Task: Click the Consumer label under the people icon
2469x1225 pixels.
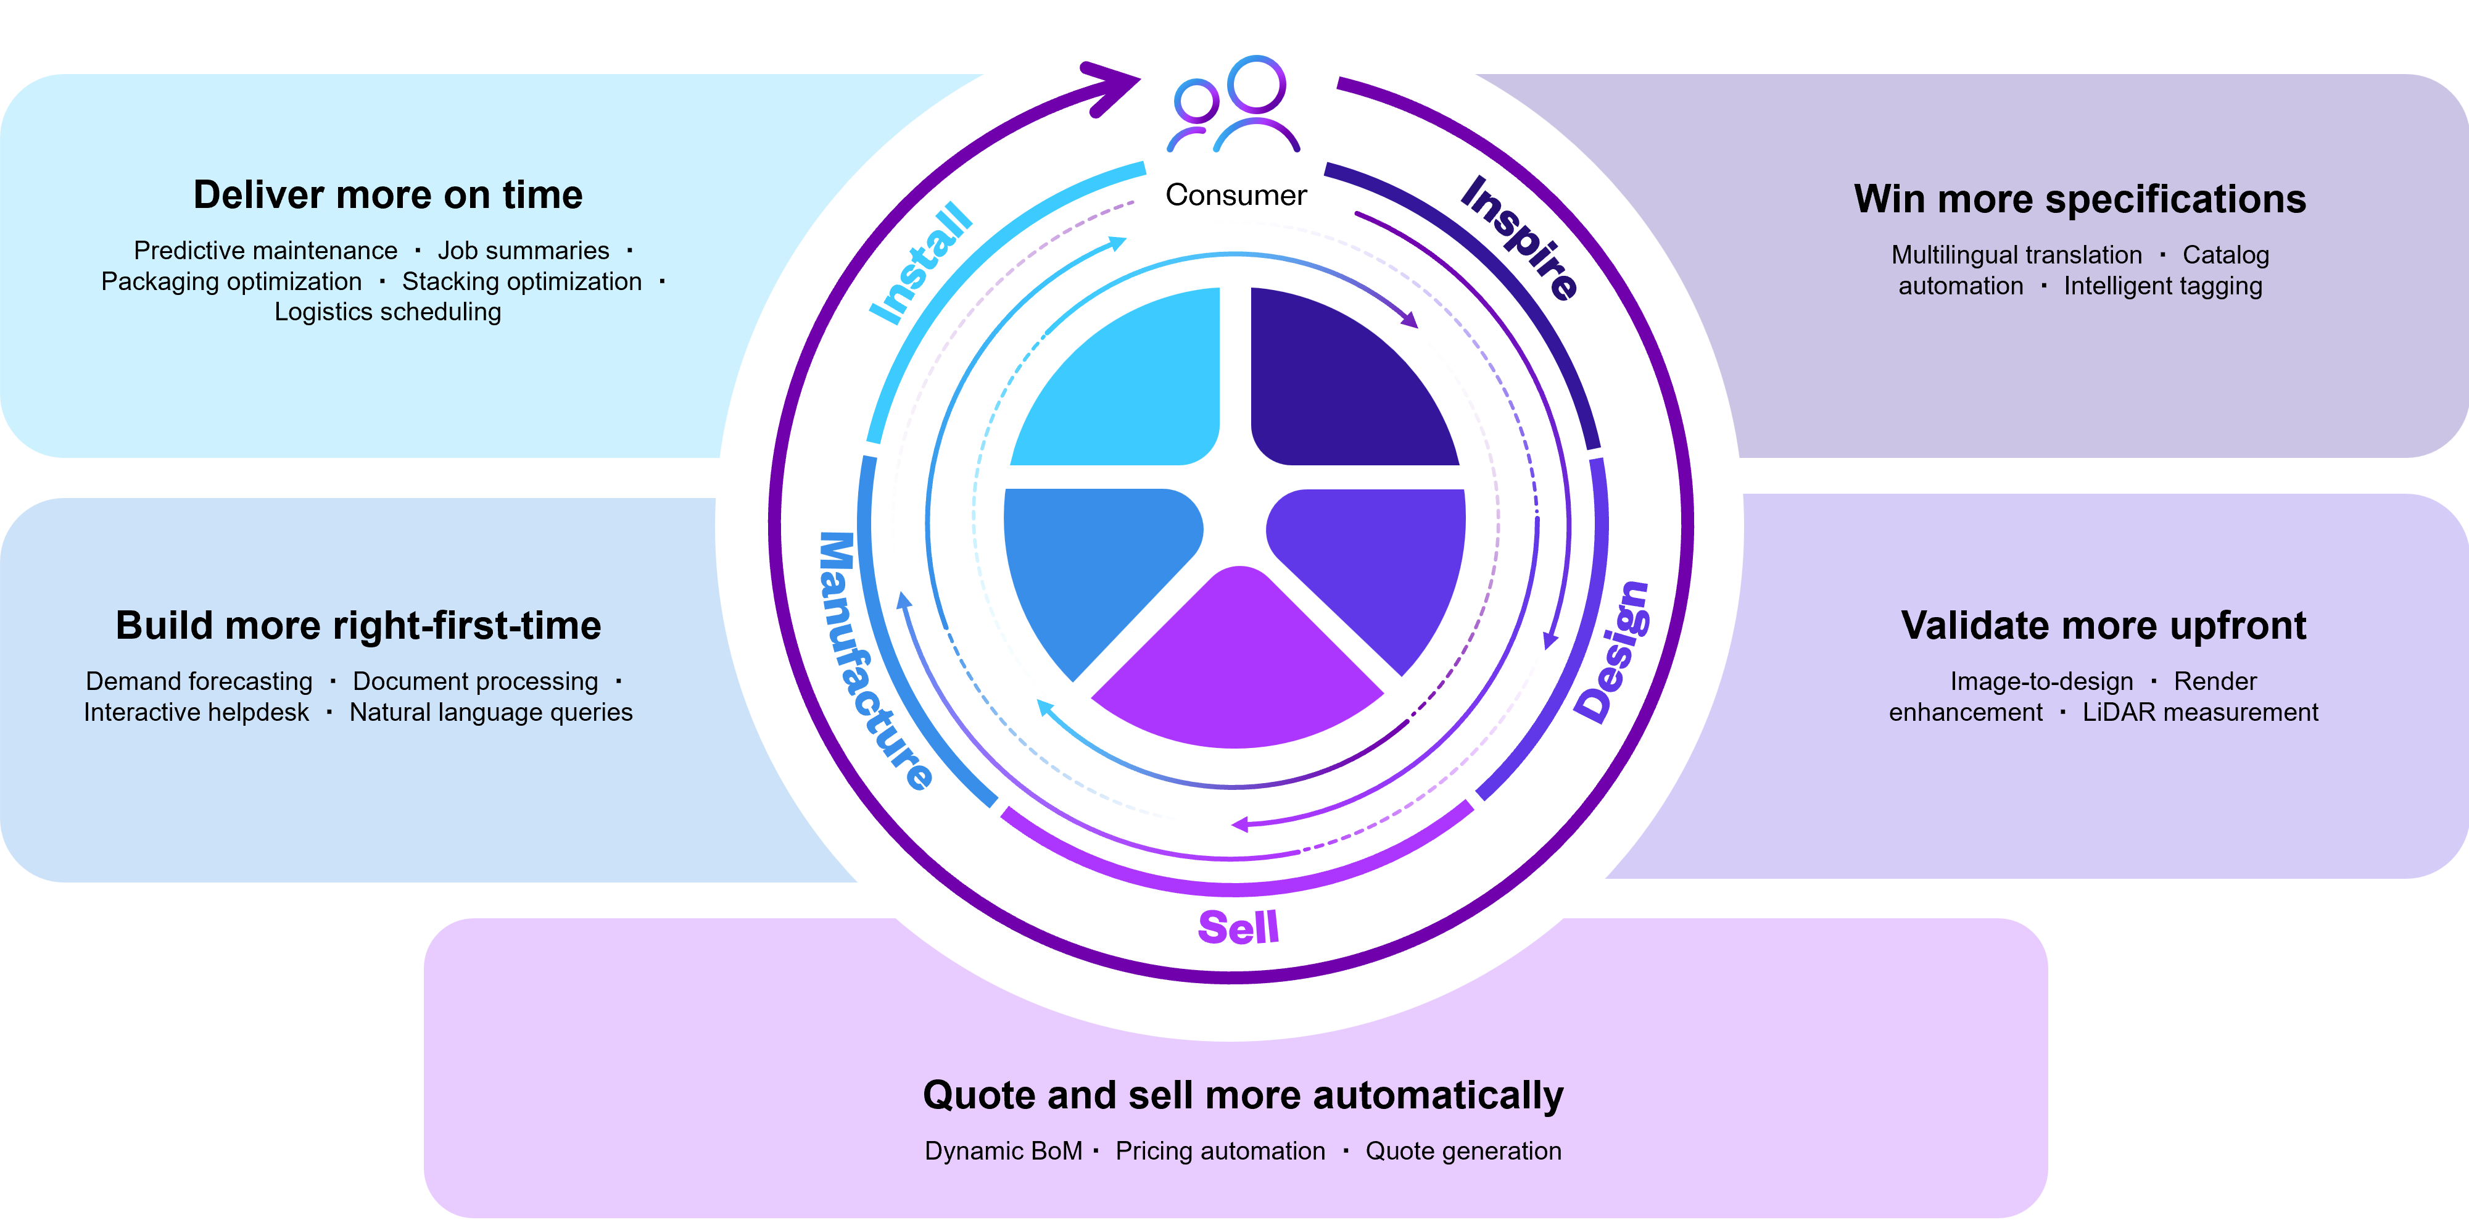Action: click(x=1236, y=196)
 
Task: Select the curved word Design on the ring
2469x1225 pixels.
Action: click(x=1614, y=652)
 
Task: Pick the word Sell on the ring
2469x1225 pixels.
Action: click(x=1238, y=927)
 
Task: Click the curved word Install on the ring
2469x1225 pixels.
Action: click(x=920, y=263)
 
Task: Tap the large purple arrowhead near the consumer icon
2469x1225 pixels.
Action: click(x=1114, y=87)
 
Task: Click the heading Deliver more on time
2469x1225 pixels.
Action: click(x=388, y=196)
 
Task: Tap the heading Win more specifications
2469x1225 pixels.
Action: click(x=2080, y=199)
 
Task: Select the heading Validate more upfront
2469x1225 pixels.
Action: click(x=2103, y=626)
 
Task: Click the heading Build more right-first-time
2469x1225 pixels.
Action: click(x=358, y=626)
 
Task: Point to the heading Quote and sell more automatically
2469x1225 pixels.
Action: click(x=1242, y=1095)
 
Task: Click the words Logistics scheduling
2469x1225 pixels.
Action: click(x=387, y=312)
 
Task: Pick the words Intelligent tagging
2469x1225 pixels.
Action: click(x=2162, y=286)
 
